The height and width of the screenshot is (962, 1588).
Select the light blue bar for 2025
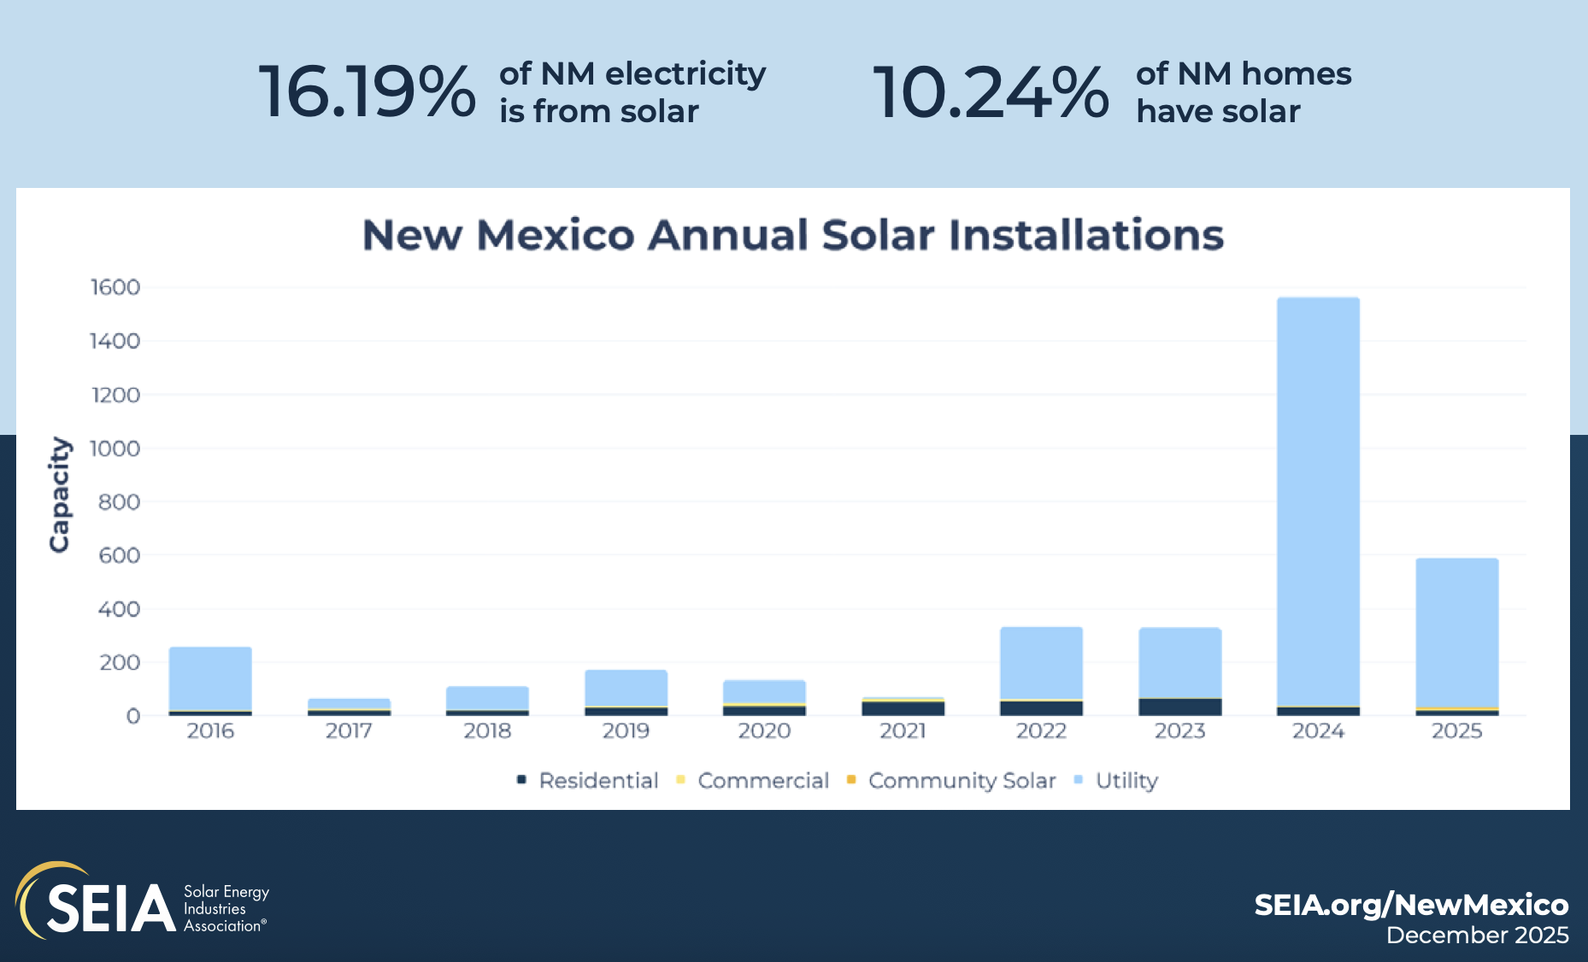1456,632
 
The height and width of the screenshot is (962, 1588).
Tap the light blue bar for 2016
210,678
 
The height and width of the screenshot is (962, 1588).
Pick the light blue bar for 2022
1041,663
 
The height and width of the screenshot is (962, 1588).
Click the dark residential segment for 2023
1179,707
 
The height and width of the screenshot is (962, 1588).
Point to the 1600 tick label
115,287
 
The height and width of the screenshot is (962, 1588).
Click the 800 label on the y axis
119,502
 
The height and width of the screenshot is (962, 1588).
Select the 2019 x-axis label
626,731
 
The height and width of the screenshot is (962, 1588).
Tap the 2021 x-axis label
903,731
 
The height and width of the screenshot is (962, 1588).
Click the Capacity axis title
59,495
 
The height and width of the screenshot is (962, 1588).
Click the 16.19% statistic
367,91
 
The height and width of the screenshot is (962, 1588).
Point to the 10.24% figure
990,91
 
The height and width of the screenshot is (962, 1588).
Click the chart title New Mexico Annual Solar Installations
793,235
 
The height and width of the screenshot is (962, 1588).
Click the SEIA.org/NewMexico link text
1410,905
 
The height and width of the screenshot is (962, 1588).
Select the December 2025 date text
1477,936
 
